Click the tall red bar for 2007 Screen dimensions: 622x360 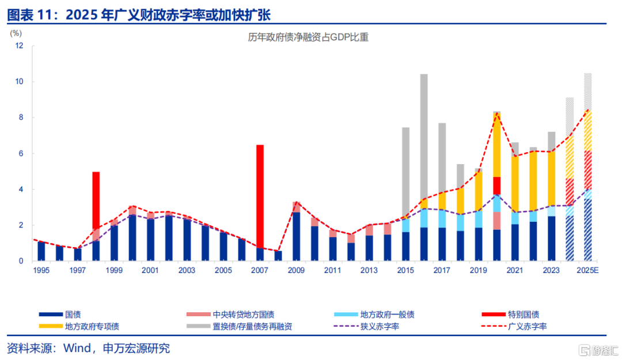(x=260, y=196)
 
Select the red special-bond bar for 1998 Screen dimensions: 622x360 (x=96, y=200)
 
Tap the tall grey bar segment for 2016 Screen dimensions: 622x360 (x=424, y=136)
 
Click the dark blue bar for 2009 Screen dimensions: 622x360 (x=297, y=237)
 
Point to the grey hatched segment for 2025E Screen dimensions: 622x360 (x=588, y=92)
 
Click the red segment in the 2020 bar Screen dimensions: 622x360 (x=496, y=185)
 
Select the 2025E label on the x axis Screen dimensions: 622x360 (x=587, y=270)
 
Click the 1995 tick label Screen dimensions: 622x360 (x=41, y=270)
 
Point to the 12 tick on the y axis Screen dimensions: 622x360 (x=19, y=46)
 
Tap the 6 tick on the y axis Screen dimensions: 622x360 (x=21, y=154)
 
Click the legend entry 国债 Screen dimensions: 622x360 (x=60, y=314)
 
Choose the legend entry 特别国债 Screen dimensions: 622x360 (x=510, y=314)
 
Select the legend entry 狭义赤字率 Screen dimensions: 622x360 (x=366, y=326)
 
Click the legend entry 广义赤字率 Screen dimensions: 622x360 (x=514, y=326)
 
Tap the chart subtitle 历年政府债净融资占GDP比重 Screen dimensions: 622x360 (x=308, y=37)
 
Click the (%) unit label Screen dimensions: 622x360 (x=16, y=33)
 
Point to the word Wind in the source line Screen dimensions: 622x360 (x=77, y=348)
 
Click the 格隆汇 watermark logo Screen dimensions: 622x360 (x=598, y=350)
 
